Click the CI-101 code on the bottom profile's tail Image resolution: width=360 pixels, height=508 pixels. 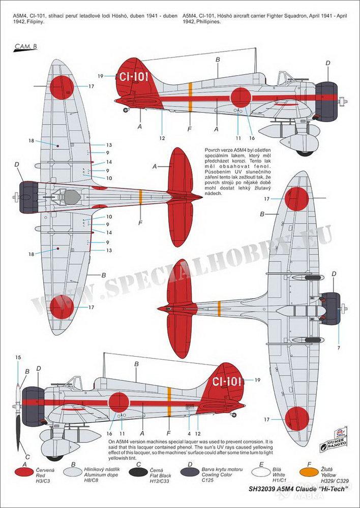[226, 381]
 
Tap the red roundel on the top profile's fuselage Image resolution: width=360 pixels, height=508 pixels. [240, 98]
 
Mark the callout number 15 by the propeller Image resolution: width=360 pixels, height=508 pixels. [18, 358]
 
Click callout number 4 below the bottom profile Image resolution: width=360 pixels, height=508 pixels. [189, 433]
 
